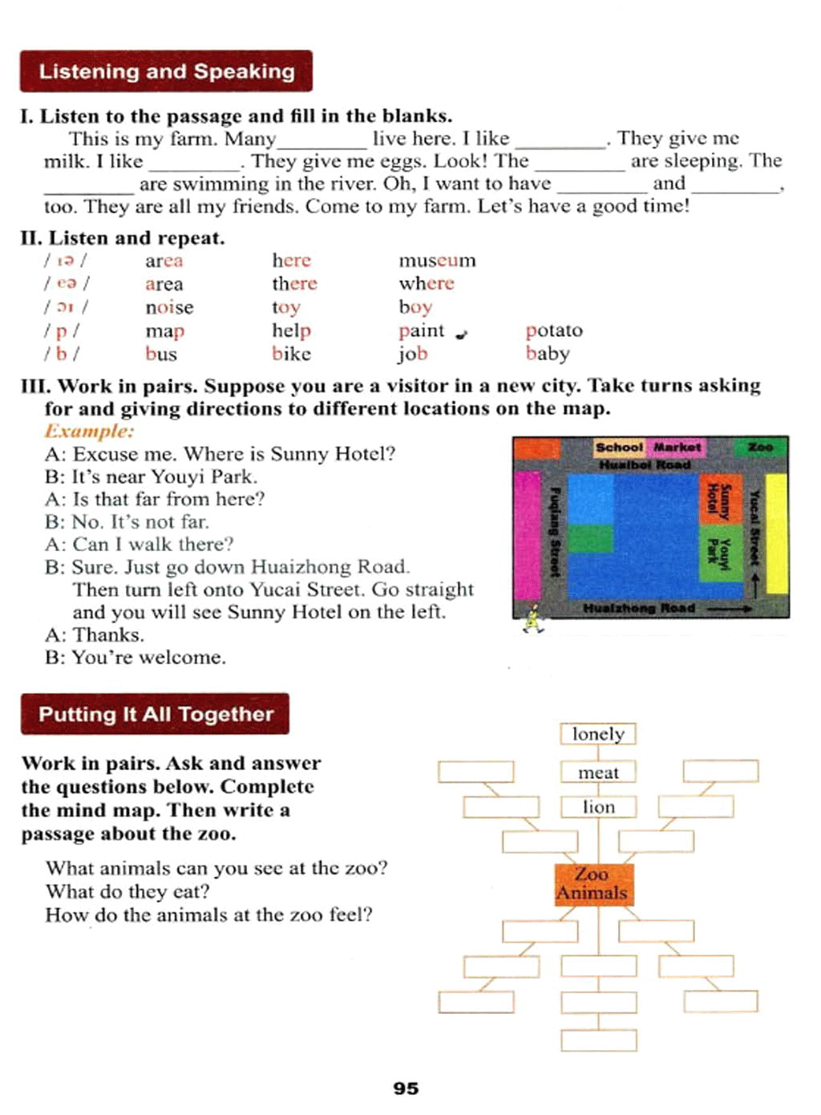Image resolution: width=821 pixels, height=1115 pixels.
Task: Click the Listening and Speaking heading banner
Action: coord(166,71)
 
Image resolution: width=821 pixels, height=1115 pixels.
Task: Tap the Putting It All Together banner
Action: coord(156,714)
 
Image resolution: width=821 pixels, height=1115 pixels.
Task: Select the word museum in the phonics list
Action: coord(437,261)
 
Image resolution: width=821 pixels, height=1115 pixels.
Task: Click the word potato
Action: coord(554,330)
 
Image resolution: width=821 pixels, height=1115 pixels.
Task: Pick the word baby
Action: coord(548,354)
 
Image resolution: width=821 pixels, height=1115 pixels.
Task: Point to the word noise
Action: coord(169,307)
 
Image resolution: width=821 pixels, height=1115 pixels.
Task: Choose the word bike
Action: coord(291,354)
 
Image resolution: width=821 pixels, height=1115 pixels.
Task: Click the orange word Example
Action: coord(89,432)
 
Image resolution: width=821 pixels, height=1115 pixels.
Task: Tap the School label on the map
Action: coord(619,447)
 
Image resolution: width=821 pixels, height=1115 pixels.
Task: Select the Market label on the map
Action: coord(677,447)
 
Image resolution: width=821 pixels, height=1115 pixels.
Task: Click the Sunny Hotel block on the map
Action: coord(718,499)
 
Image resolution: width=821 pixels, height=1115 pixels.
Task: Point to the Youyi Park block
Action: coord(718,553)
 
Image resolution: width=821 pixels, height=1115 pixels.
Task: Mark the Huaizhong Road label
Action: coord(639,609)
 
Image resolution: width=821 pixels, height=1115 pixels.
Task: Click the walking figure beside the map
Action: coord(532,618)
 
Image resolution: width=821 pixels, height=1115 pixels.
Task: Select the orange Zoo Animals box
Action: coord(593,884)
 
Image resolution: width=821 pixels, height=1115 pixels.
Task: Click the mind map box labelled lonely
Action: coord(598,734)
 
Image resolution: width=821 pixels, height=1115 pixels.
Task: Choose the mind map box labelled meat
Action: coord(598,772)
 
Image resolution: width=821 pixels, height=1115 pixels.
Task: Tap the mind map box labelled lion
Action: coord(598,807)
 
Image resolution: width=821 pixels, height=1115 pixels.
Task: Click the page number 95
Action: coord(406,1089)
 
